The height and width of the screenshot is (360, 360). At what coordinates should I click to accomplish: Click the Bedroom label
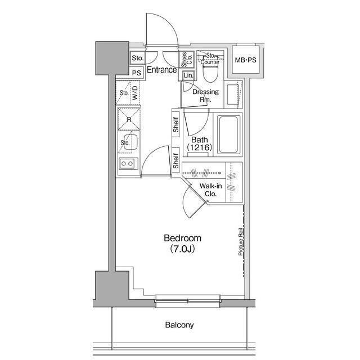[182, 238]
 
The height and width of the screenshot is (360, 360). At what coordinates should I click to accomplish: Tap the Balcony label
[179, 325]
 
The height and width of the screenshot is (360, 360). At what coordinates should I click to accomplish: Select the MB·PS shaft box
[245, 60]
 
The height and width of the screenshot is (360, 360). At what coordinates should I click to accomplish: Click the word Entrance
[162, 70]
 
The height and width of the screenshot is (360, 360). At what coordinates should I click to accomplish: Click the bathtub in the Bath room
[228, 135]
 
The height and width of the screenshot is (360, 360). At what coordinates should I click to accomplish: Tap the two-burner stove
[128, 164]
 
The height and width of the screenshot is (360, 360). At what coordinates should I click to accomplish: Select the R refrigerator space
[129, 119]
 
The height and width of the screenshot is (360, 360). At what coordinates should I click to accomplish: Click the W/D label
[135, 92]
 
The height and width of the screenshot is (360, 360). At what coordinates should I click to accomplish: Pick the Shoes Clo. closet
[186, 60]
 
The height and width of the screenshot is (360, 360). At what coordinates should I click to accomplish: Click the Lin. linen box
[189, 75]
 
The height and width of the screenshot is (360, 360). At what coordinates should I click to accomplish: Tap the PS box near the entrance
[136, 73]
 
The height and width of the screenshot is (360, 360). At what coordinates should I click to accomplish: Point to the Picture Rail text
[241, 242]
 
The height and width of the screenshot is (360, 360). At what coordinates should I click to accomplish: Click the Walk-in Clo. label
[210, 190]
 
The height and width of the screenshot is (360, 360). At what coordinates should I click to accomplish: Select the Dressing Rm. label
[205, 96]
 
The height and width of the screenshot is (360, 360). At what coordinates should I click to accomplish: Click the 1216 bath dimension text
[199, 147]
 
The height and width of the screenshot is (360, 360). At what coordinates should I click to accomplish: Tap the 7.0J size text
[182, 249]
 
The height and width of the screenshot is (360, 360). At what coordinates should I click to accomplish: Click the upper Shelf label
[176, 125]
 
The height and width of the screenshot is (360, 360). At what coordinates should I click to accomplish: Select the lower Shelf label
[176, 161]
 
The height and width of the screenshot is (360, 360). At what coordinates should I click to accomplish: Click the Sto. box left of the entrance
[137, 58]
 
